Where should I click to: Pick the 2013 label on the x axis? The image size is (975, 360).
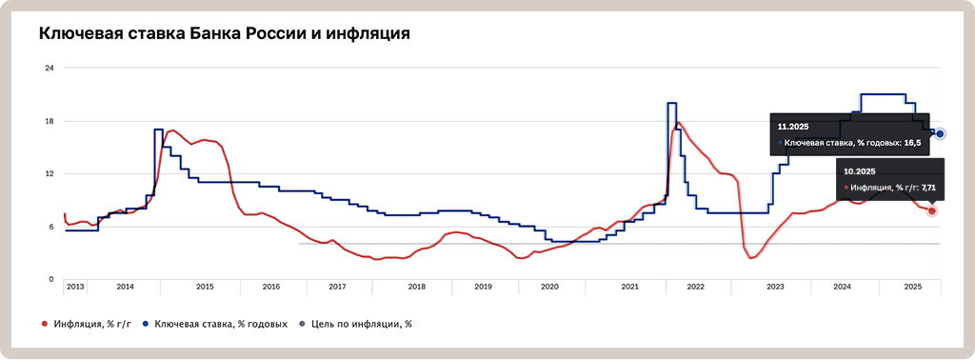[76, 286]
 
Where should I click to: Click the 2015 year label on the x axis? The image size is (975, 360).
[205, 286]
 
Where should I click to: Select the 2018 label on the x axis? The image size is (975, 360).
[416, 286]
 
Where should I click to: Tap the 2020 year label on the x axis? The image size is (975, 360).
[549, 286]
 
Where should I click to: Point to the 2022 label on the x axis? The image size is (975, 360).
[695, 286]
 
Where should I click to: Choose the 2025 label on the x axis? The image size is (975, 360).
[912, 286]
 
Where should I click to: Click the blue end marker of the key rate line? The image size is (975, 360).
[940, 134]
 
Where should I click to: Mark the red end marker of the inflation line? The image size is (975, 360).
[932, 210]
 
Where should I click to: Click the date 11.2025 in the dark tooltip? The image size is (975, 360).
[794, 126]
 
